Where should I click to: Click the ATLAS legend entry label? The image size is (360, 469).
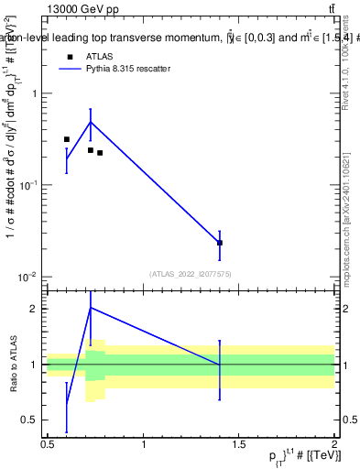pos(100,57)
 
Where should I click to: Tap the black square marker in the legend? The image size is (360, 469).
pos(69,57)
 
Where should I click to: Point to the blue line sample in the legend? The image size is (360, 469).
pos(69,69)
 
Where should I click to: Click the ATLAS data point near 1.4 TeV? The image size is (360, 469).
pos(220,243)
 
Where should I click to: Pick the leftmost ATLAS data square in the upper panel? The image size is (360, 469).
pos(67,139)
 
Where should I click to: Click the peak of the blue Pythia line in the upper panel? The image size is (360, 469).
pos(90,122)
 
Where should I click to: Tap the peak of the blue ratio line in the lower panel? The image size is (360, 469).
pos(90,308)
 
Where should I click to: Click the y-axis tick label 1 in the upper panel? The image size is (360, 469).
pos(36,93)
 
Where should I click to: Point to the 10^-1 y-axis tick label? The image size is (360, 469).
pos(30,185)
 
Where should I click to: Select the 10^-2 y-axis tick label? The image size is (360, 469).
pos(30,277)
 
